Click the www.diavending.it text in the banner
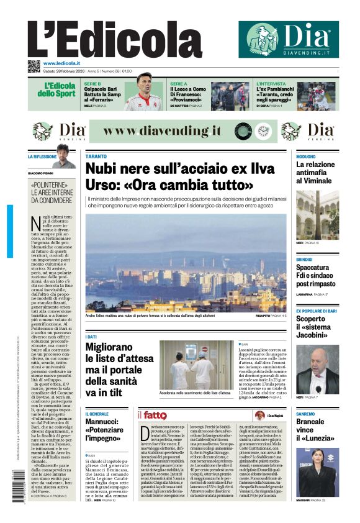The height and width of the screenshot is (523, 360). pyautogui.click(x=163, y=131)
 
